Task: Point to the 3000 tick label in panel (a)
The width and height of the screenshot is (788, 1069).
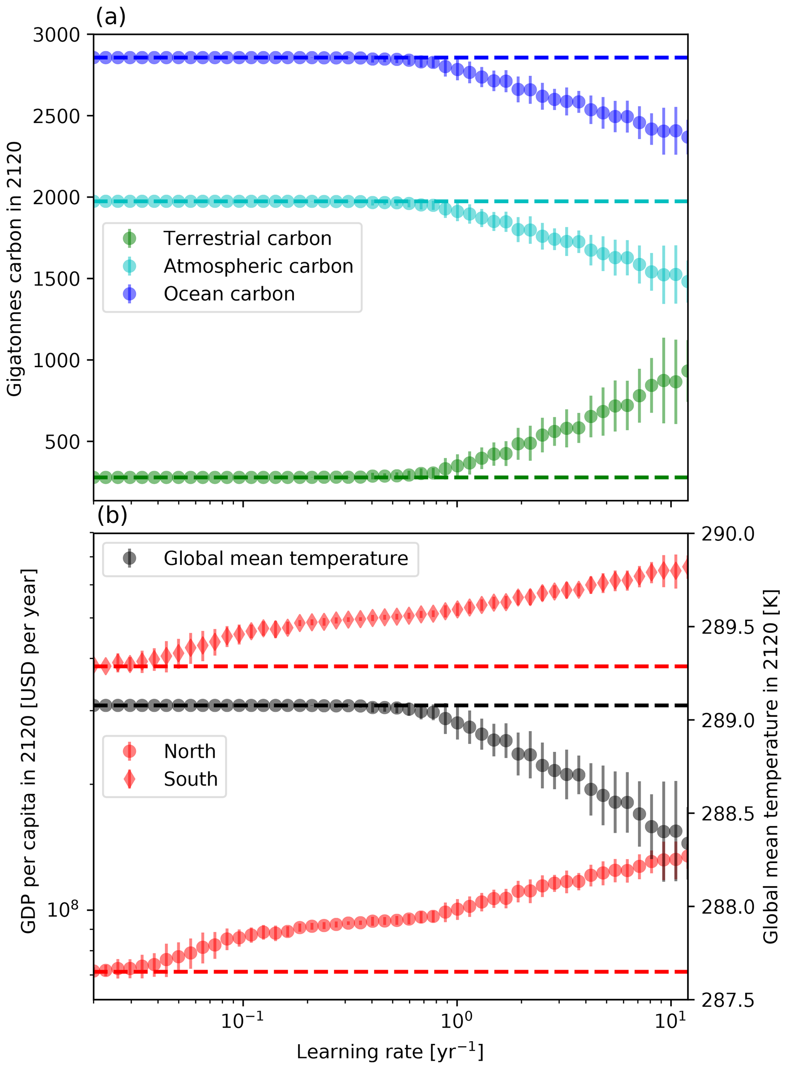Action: (x=56, y=35)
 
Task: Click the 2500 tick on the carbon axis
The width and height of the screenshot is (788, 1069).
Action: (x=56, y=116)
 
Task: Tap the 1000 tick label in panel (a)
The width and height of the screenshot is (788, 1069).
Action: (x=56, y=360)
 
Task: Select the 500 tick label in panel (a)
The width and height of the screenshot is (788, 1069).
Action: (x=63, y=442)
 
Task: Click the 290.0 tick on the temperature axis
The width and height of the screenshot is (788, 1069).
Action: (x=728, y=534)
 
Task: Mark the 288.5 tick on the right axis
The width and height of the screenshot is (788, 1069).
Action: (x=728, y=814)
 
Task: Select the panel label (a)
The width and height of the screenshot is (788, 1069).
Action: (x=111, y=17)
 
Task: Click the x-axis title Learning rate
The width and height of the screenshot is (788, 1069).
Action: (x=390, y=1051)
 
